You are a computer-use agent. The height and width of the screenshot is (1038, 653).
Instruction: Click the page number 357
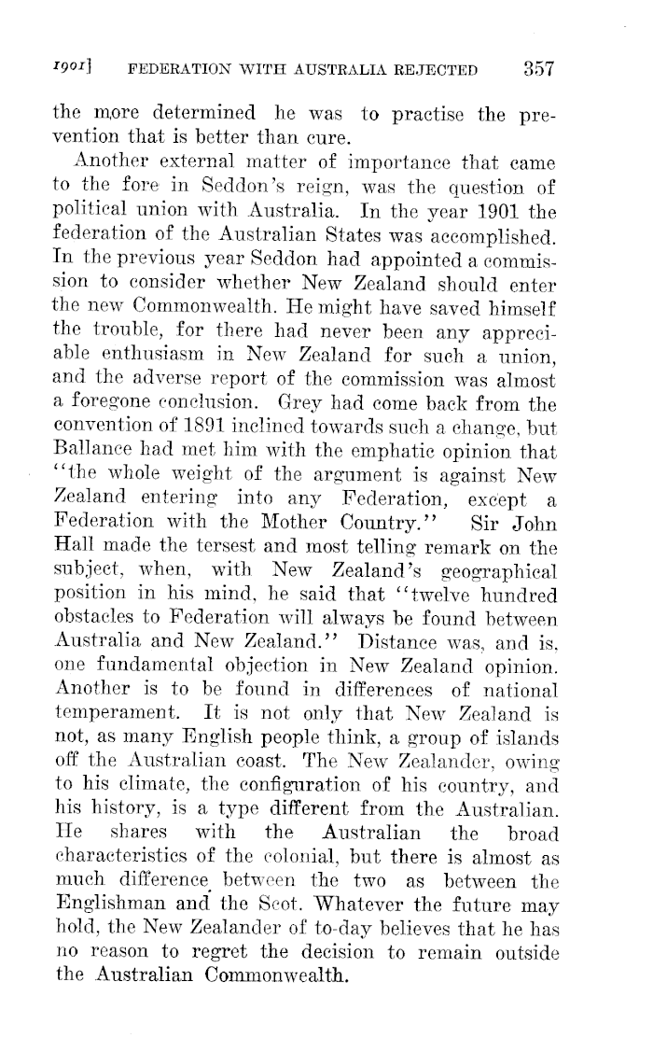(540, 68)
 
